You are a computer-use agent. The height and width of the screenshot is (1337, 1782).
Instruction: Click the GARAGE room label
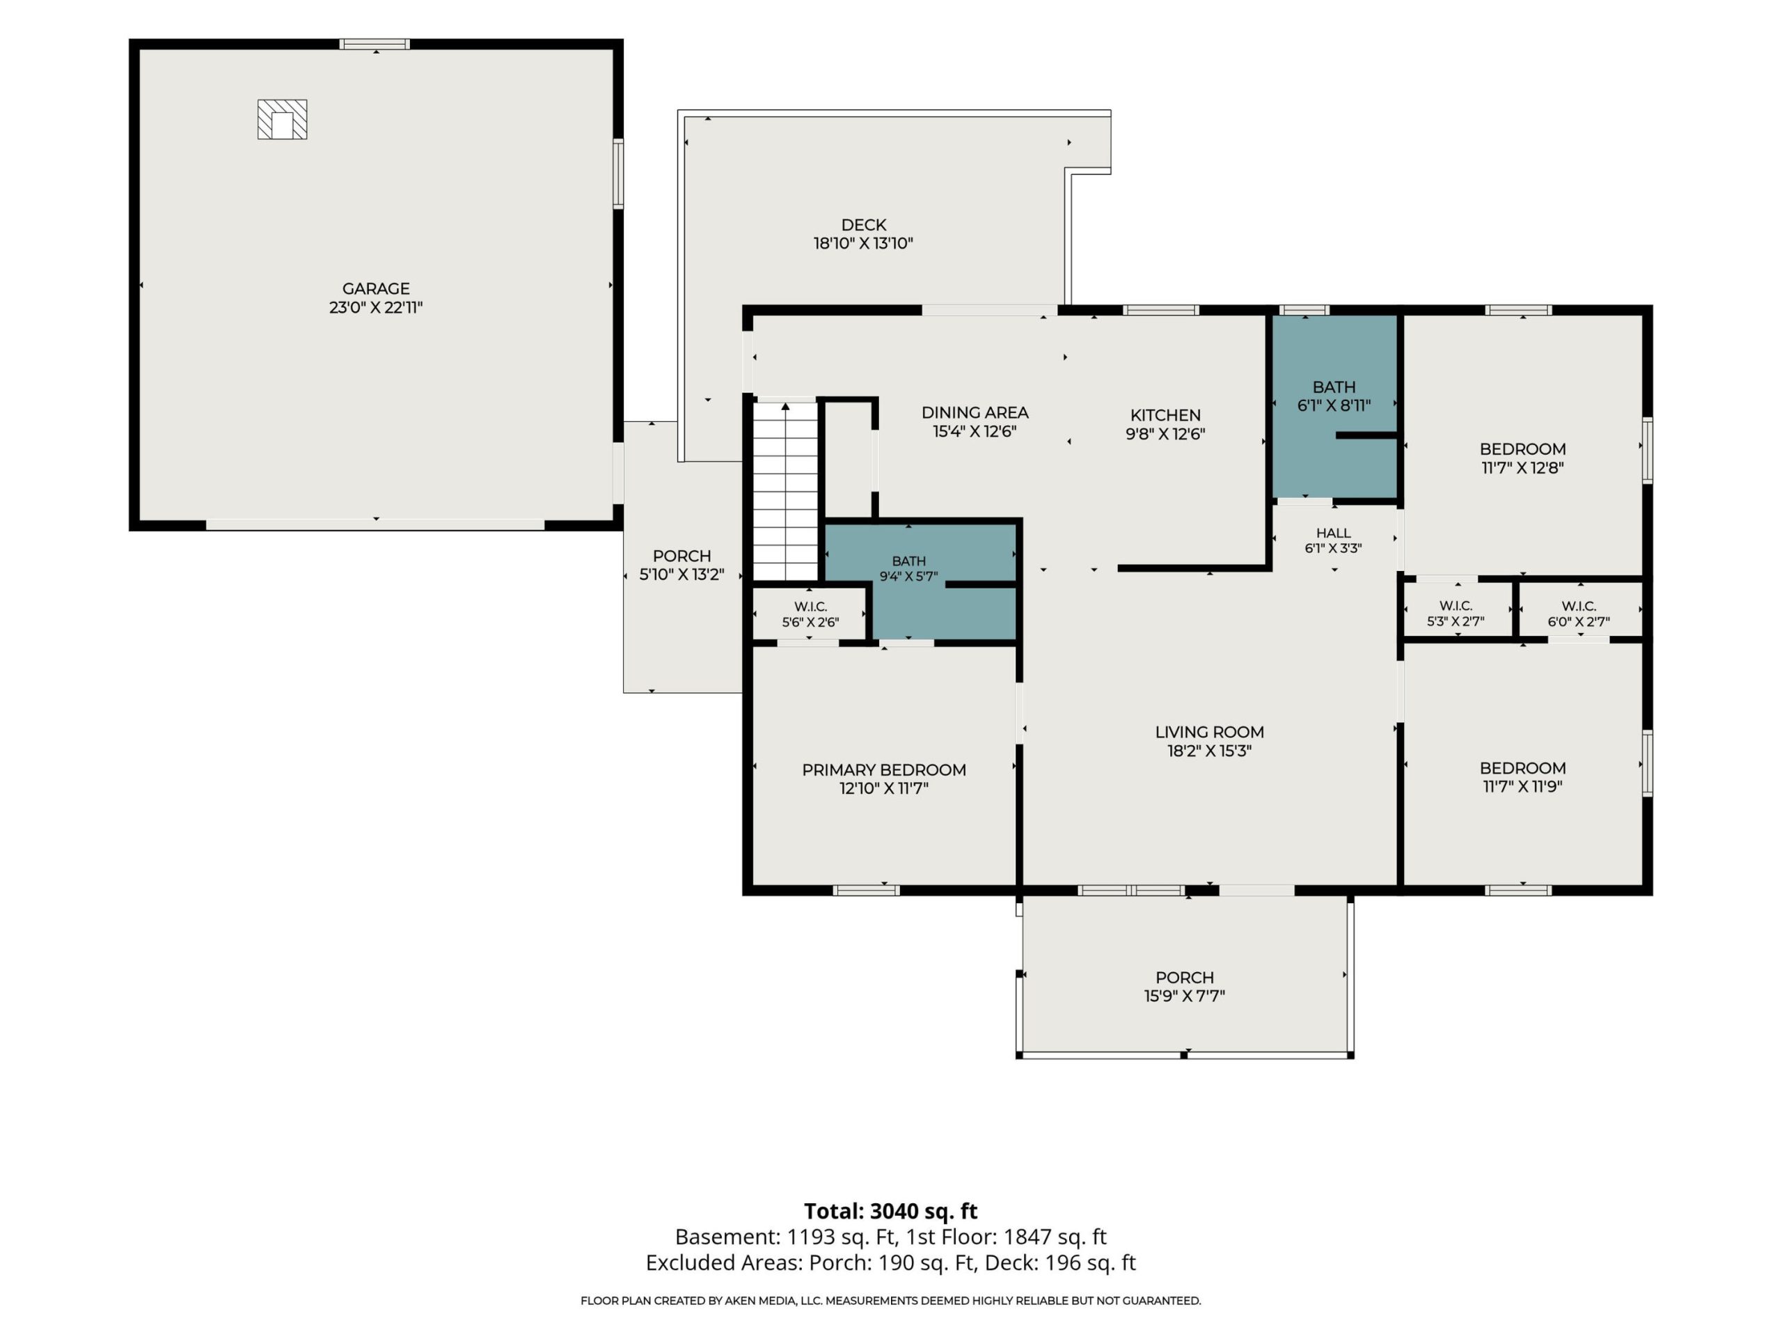point(375,288)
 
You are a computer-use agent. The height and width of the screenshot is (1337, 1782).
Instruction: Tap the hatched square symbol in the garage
point(282,119)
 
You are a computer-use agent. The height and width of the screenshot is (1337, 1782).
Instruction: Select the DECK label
point(864,225)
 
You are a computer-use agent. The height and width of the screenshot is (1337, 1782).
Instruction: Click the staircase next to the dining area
point(785,491)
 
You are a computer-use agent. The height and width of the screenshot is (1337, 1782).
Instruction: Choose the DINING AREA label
point(975,413)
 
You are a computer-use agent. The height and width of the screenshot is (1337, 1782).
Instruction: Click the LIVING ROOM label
point(1209,732)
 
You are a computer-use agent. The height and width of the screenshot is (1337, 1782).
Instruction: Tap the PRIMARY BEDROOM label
point(884,769)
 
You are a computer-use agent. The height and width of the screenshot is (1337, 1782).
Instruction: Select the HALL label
point(1333,533)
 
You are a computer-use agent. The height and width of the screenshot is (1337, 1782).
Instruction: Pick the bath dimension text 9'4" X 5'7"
point(908,576)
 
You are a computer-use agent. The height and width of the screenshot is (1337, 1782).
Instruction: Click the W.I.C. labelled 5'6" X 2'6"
point(810,614)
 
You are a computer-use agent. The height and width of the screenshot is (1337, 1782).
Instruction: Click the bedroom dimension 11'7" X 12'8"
point(1522,467)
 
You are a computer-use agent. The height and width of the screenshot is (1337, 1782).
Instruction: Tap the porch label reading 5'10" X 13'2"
point(681,574)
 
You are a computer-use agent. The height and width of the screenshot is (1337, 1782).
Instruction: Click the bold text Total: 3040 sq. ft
point(890,1210)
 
